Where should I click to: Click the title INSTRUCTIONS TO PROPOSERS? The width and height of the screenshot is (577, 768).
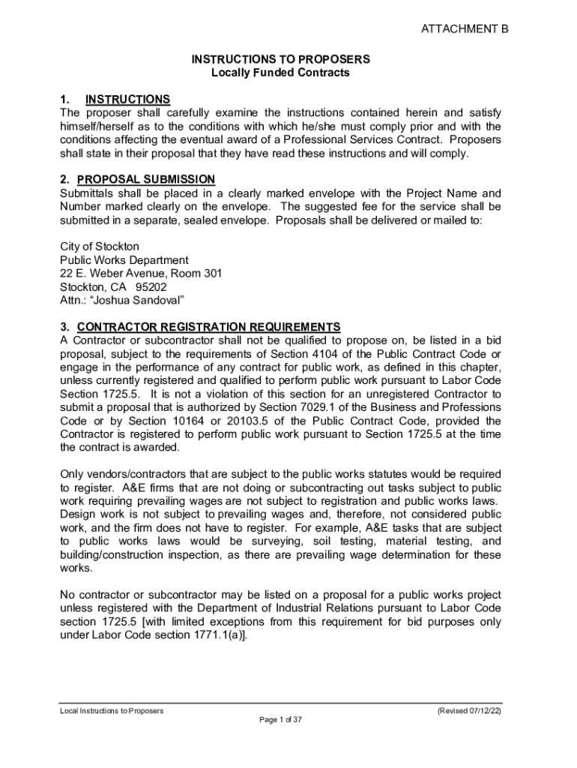[281, 58]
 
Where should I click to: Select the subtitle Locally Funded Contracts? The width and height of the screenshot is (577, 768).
[281, 73]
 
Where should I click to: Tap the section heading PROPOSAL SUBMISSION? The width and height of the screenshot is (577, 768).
[146, 178]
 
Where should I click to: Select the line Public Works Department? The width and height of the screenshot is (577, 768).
[124, 260]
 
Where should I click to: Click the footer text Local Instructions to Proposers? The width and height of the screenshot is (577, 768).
[112, 710]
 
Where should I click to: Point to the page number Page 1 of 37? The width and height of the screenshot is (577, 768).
[280, 720]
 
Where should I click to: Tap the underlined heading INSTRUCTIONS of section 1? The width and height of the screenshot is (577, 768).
[128, 99]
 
